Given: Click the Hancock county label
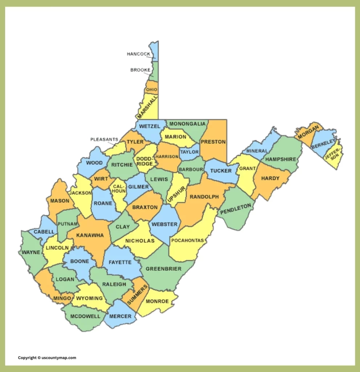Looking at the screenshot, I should pos(138,54).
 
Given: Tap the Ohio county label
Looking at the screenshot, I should pos(151,90).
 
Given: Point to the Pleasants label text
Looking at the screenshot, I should pos(104,139).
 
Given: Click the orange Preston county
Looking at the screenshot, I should pos(213,142).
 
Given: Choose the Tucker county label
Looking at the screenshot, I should pos(221,171).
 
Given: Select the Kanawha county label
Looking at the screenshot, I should pos(90,235).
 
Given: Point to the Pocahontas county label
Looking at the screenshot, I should pos(188,240).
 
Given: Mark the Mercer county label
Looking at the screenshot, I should pos(120,316).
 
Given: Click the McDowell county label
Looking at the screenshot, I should pos(85,316).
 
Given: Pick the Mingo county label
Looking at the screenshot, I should pos(62,298).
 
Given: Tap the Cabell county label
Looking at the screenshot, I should pos(44,232).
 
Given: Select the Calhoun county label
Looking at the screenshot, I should pos(118,189).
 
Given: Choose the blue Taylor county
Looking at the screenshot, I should pos(190,152).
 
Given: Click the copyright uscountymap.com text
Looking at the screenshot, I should pos(47,358).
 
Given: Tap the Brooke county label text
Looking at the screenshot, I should pos(140,70).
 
